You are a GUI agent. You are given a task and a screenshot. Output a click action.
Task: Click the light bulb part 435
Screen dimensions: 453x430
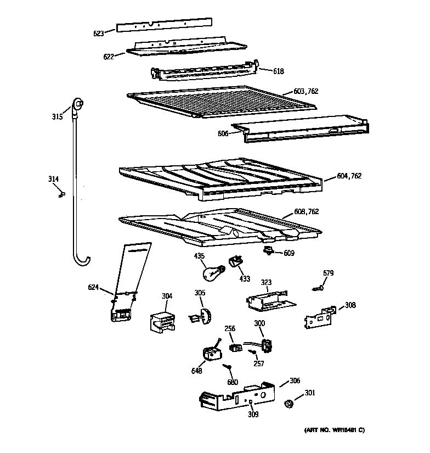211,270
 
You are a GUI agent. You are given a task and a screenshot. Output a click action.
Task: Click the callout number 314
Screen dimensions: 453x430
53,179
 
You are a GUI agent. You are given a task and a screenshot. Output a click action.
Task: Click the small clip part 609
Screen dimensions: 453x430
269,251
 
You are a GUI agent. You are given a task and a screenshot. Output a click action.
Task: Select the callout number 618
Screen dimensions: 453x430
279,71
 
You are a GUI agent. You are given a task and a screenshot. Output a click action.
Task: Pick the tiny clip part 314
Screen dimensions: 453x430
61,192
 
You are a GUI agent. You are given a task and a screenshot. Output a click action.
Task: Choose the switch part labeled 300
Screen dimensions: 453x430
267,345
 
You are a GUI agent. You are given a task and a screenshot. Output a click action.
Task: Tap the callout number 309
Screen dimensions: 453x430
253,414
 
